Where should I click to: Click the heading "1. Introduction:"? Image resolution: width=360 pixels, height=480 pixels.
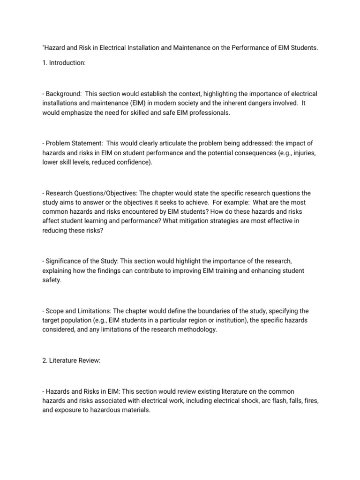pyautogui.click(x=64, y=62)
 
